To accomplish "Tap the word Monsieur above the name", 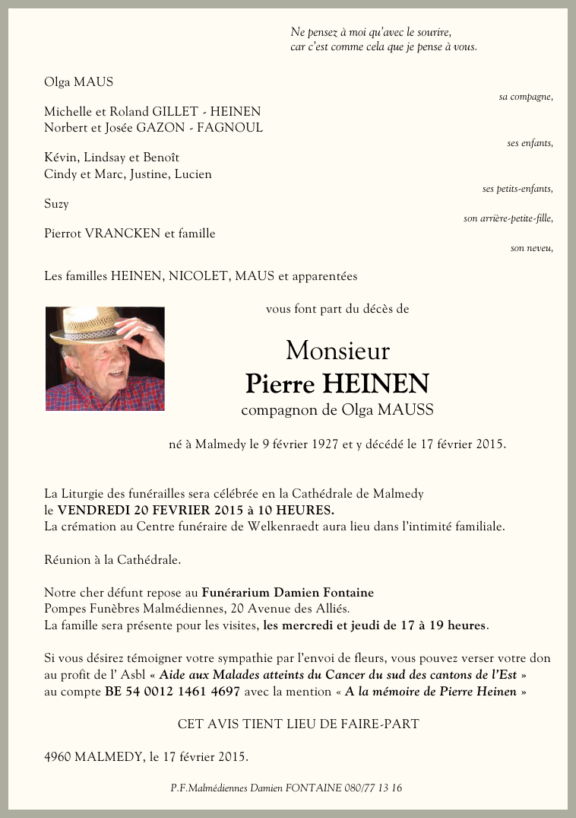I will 337,351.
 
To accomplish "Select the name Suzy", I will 56,204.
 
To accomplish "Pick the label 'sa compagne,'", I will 526,97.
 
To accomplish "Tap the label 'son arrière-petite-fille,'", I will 508,218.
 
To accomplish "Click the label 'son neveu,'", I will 532,248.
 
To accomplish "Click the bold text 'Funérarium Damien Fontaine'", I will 287,592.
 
